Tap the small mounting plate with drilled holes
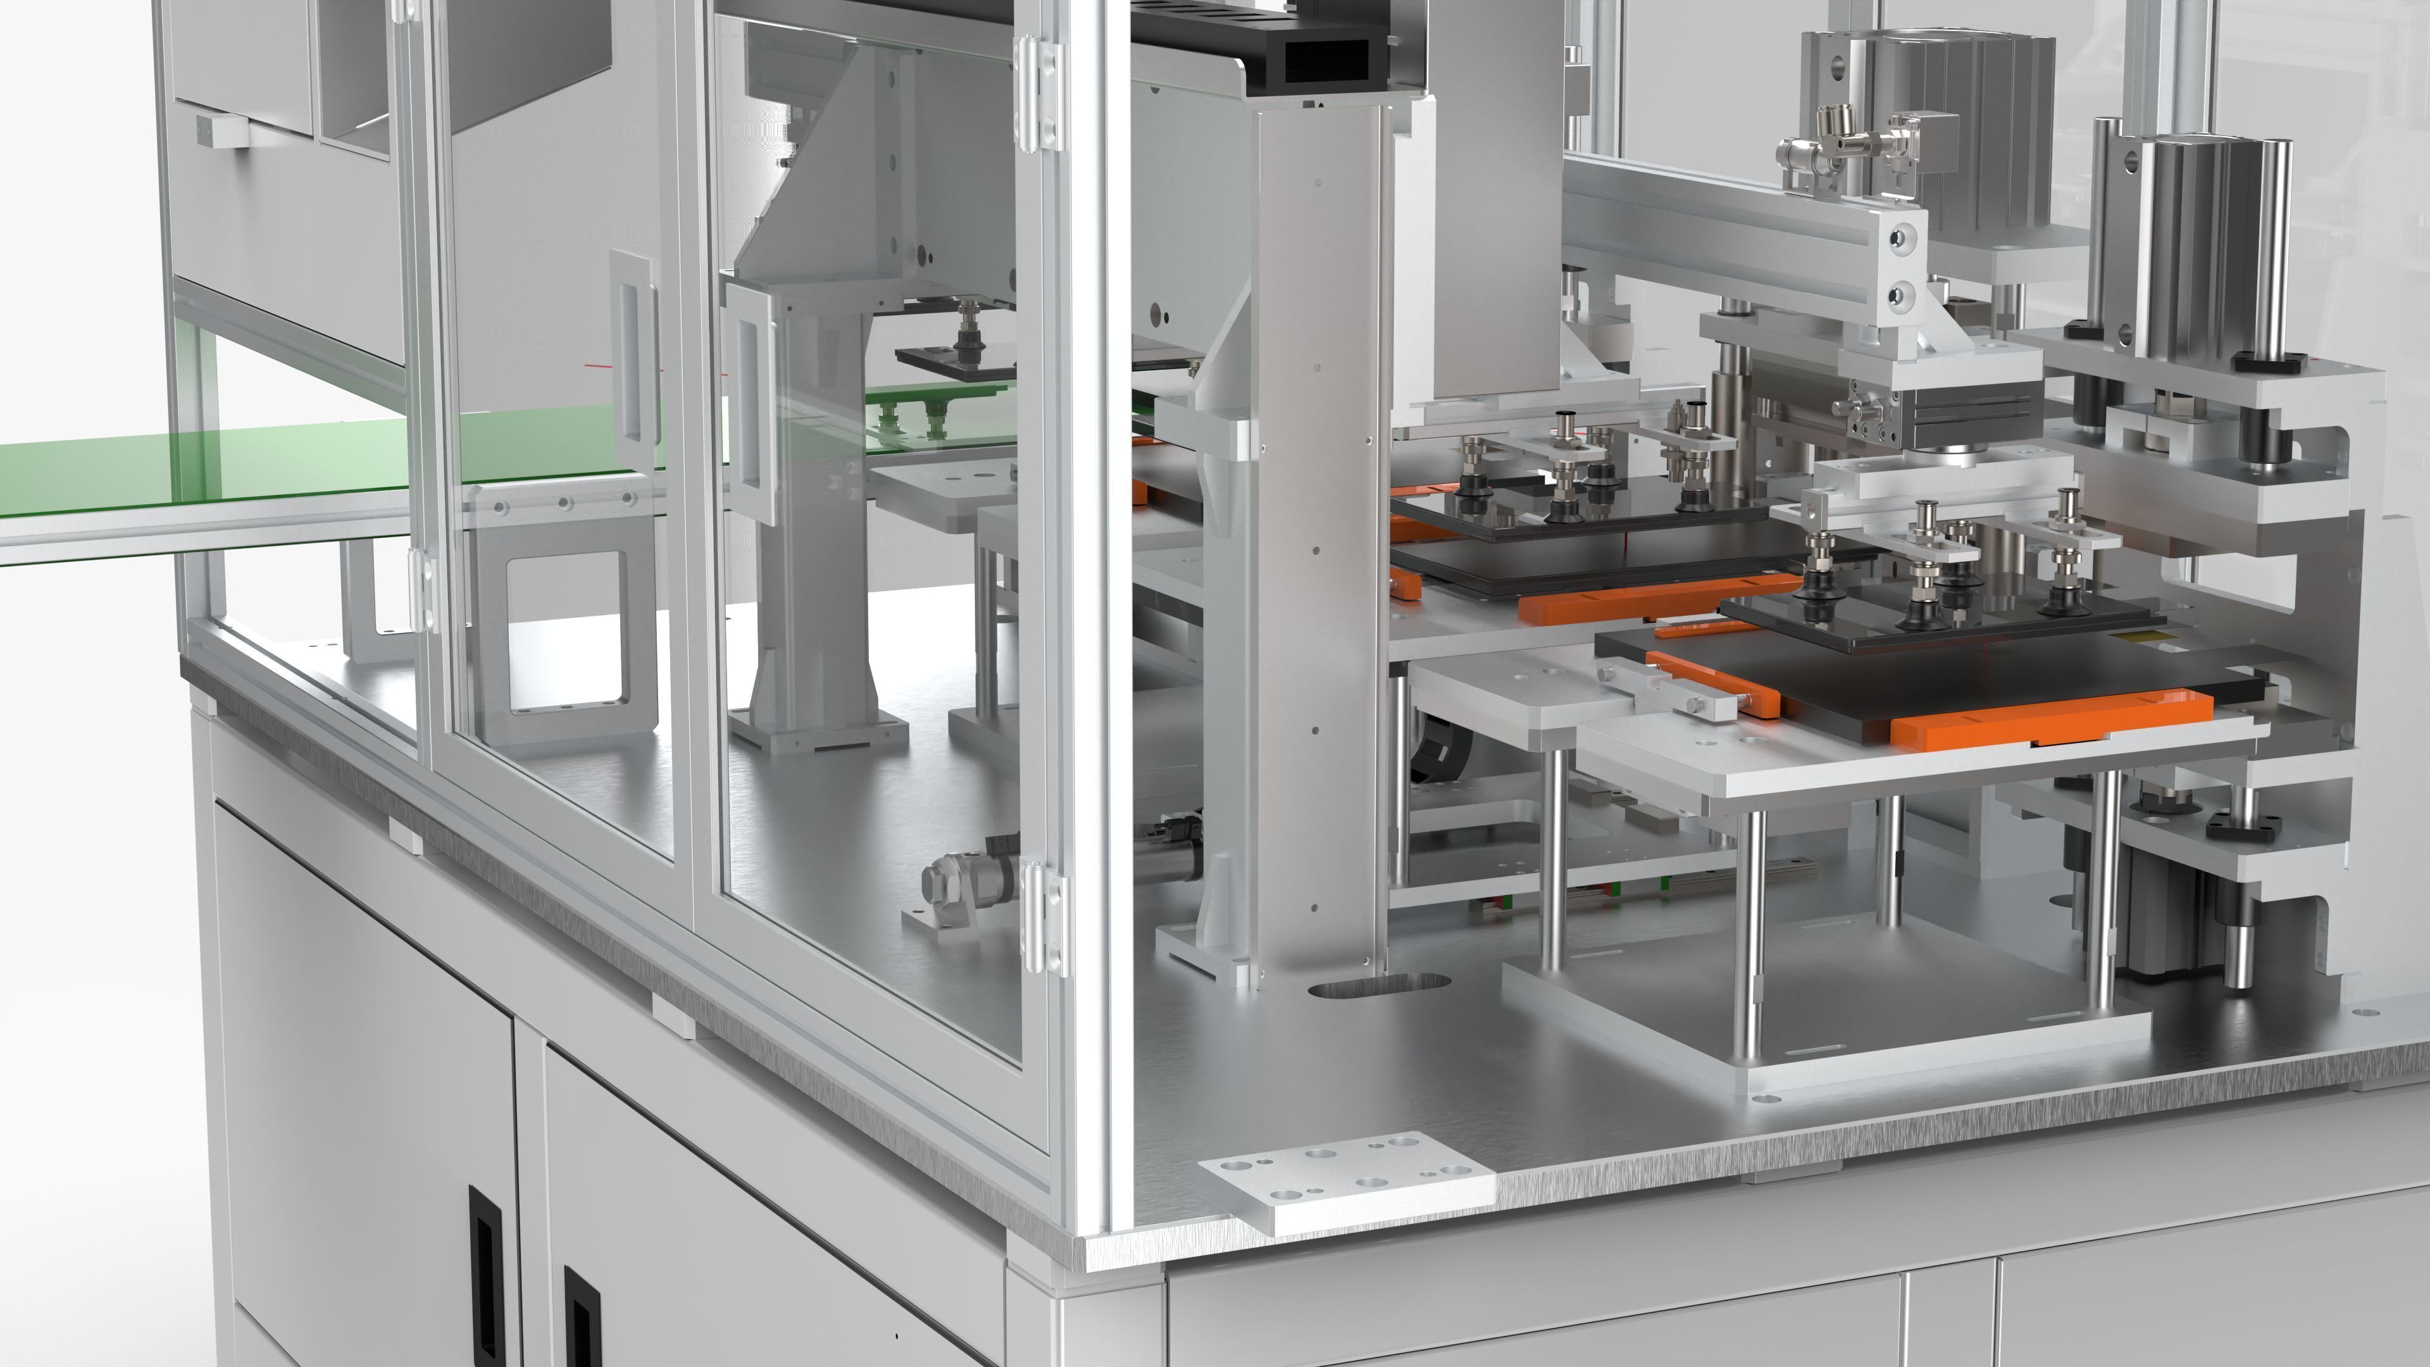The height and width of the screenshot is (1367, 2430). pos(1346,1181)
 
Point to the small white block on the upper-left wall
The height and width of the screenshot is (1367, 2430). pos(223,133)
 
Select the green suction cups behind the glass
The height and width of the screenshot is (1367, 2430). pos(911,415)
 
